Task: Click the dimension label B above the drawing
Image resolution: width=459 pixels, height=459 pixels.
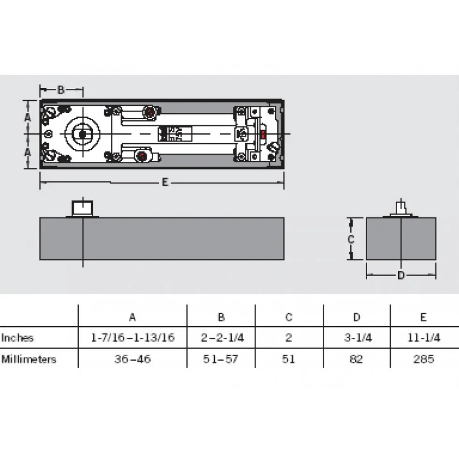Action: click(61, 89)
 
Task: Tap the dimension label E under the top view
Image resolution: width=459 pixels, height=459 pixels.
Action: click(165, 182)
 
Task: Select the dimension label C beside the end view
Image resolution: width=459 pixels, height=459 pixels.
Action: click(350, 240)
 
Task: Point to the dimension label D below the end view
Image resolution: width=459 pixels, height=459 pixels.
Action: click(401, 275)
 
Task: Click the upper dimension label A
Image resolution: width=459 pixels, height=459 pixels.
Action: click(27, 117)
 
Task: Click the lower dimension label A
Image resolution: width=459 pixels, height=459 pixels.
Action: click(27, 152)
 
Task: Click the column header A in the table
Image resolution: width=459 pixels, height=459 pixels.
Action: click(133, 317)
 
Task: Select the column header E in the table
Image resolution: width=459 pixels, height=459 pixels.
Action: click(423, 317)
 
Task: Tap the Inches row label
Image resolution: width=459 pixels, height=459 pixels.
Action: click(18, 338)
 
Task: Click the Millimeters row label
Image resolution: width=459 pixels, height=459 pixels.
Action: click(29, 359)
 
